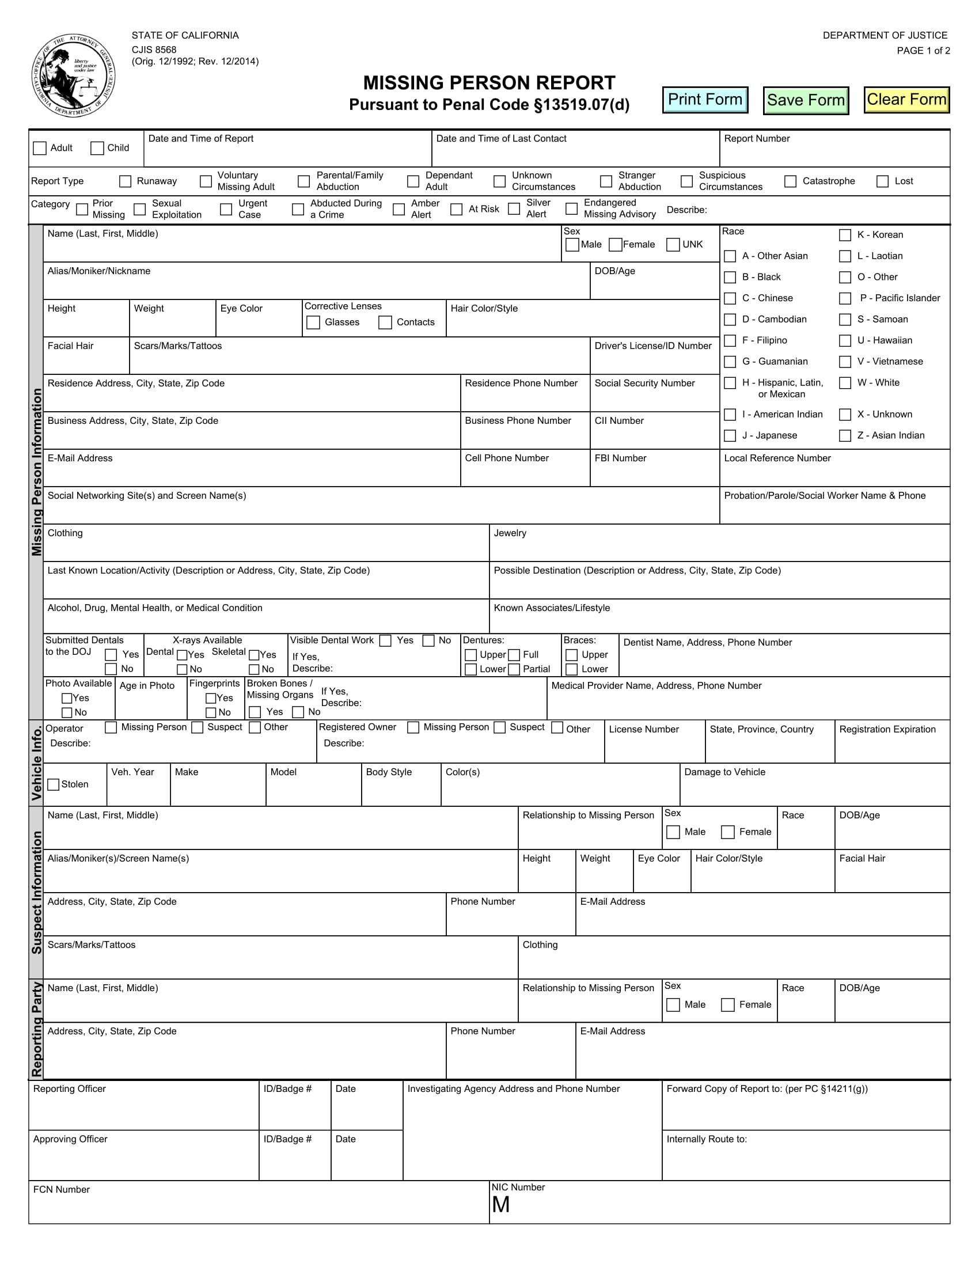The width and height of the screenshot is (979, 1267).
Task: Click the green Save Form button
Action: coord(806,100)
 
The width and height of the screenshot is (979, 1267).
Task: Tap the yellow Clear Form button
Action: coord(906,100)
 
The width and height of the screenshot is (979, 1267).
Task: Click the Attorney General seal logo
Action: coord(73,75)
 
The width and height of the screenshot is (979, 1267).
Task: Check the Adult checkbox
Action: coord(40,148)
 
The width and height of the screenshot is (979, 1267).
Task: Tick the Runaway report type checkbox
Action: coord(126,181)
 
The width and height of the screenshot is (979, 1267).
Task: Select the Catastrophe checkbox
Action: coord(790,181)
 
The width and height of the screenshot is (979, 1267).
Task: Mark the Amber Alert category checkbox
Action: coord(399,210)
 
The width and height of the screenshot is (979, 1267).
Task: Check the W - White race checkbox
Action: coord(845,383)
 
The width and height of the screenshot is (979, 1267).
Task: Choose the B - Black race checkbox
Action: coord(730,278)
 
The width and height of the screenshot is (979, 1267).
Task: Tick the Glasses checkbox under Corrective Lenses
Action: coord(313,323)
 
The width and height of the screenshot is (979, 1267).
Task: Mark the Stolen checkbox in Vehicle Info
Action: coord(54,784)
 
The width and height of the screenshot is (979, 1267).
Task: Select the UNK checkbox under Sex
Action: coord(673,245)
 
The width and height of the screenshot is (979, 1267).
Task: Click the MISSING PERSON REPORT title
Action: coord(489,83)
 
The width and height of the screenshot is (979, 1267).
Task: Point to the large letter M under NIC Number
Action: coord(500,1205)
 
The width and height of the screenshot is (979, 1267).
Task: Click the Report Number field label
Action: coord(756,139)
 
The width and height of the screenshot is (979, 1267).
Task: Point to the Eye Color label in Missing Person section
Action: coord(241,309)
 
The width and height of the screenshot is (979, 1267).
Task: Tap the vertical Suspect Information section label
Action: coord(36,892)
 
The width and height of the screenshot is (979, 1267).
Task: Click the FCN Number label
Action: coord(62,1189)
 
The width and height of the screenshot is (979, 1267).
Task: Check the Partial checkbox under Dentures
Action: coord(514,669)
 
